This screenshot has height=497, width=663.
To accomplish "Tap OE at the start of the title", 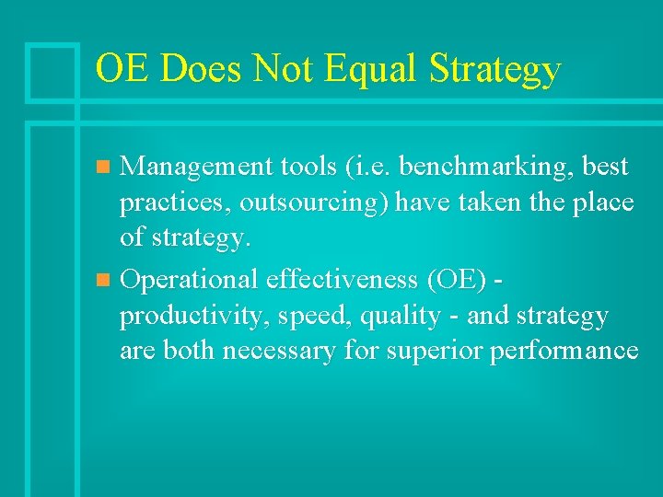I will pyautogui.click(x=119, y=69).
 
